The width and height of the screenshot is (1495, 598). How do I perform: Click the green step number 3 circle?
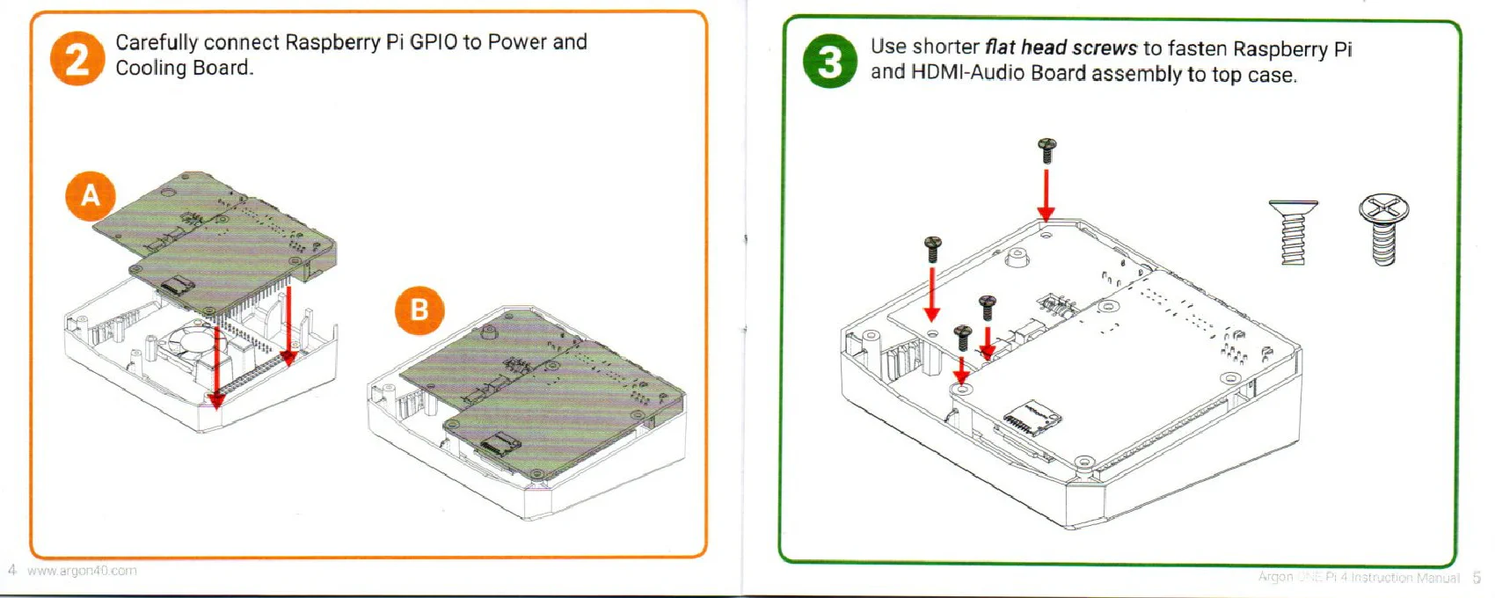pyautogui.click(x=829, y=62)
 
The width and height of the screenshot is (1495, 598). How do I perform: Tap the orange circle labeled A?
pyautogui.click(x=91, y=195)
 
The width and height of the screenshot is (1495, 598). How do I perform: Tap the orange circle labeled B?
pyautogui.click(x=419, y=310)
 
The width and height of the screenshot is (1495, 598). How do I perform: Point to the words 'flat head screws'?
pyautogui.click(x=1061, y=47)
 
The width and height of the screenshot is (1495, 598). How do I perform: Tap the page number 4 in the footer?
pyautogui.click(x=11, y=570)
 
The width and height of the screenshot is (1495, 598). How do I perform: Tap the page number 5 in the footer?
pyautogui.click(x=1477, y=578)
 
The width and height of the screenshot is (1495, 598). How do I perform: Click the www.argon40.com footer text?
pyautogui.click(x=82, y=571)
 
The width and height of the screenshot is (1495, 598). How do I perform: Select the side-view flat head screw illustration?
pyautogui.click(x=1293, y=231)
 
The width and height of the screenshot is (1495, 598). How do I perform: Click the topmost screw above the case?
pyautogui.click(x=1046, y=150)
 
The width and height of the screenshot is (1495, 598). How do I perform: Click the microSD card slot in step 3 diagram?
pyautogui.click(x=1032, y=415)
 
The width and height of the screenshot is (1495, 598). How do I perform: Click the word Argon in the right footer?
pyautogui.click(x=1275, y=578)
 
